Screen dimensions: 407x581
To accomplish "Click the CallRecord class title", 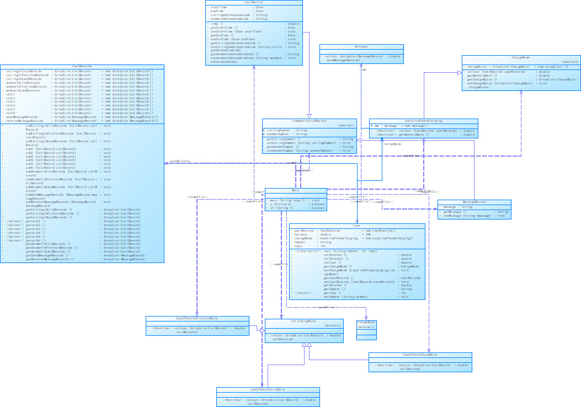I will pyautogui.click(x=254, y=2).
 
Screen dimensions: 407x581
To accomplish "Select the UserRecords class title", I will pyautogui.click(x=82, y=66).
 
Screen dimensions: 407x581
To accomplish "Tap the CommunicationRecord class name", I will pyautogui.click(x=309, y=121).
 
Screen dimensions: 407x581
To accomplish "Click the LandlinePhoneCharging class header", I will pyautogui.click(x=423, y=121).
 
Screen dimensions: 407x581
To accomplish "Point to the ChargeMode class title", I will pyautogui.click(x=521, y=57).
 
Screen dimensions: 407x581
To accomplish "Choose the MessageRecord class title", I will pyautogui.click(x=474, y=202).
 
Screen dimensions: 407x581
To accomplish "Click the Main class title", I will pyautogui.click(x=296, y=190).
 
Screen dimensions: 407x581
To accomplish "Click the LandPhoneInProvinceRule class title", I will pyautogui.click(x=197, y=318).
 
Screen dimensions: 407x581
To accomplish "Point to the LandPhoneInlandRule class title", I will pyautogui.click(x=420, y=355).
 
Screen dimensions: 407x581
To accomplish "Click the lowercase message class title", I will pyautogui.click(x=361, y=46).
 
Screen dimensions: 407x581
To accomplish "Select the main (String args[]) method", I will pyautogui.click(x=292, y=200).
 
